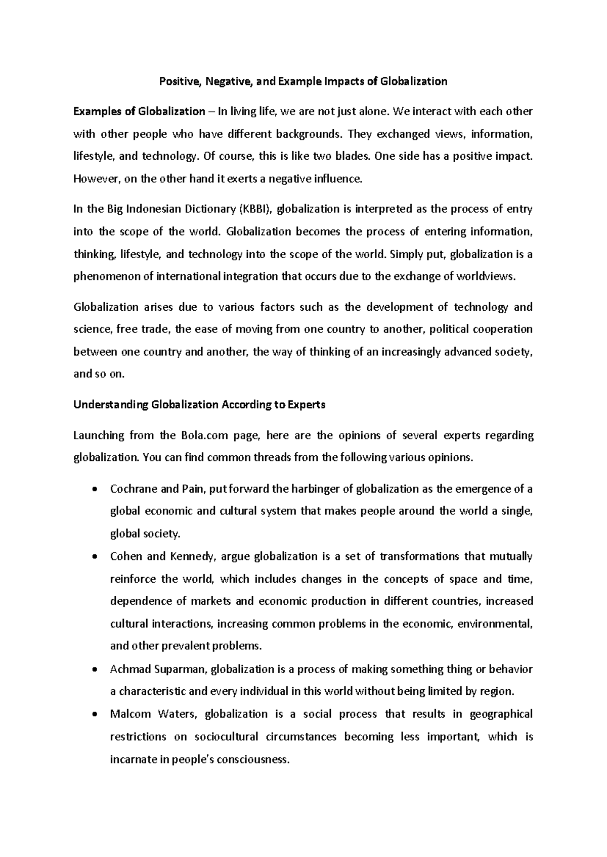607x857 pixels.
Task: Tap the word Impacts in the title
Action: click(x=348, y=81)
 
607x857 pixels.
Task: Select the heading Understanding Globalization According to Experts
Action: click(x=200, y=405)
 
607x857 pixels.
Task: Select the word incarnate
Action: click(x=133, y=759)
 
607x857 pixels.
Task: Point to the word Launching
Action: click(x=99, y=436)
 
